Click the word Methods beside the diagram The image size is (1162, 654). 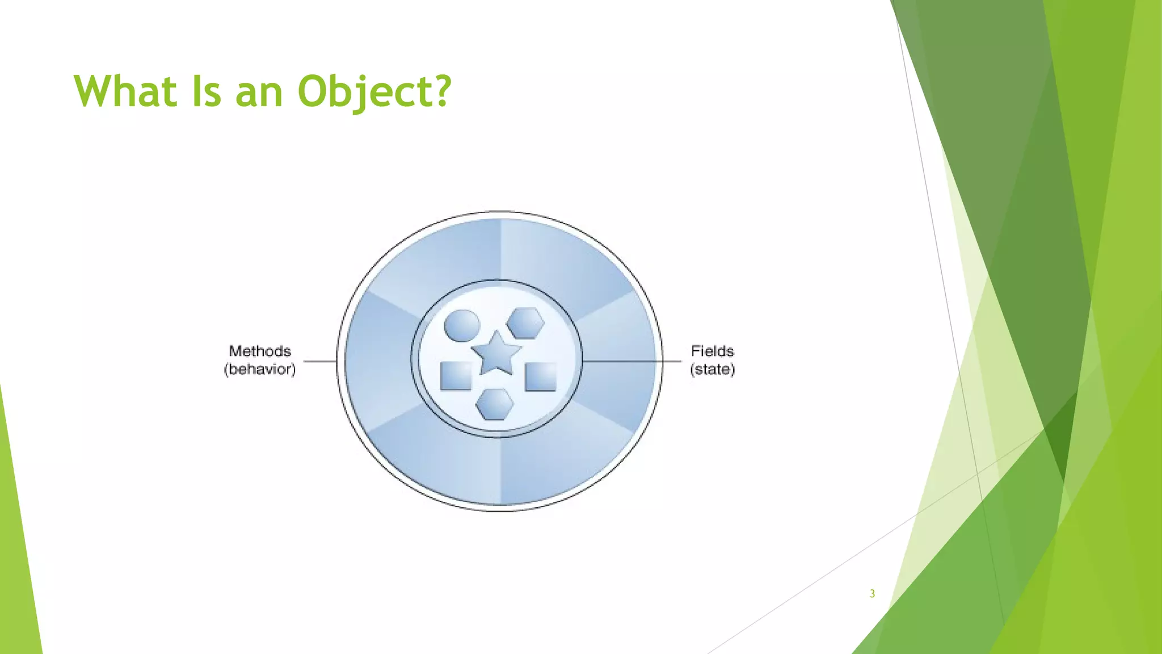pyautogui.click(x=260, y=351)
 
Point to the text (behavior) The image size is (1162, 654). pyautogui.click(x=260, y=370)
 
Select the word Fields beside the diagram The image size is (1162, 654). pyautogui.click(x=712, y=351)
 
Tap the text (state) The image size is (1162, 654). pyautogui.click(x=712, y=370)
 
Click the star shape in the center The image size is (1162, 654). pyautogui.click(x=496, y=355)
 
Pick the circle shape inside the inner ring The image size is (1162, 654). pyautogui.click(x=462, y=326)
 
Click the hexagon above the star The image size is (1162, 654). pyautogui.click(x=525, y=323)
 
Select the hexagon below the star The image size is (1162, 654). pyautogui.click(x=495, y=404)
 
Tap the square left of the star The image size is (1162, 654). pyautogui.click(x=456, y=376)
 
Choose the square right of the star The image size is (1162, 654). pyautogui.click(x=540, y=377)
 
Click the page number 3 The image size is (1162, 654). pyautogui.click(x=872, y=594)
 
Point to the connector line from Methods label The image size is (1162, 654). pyautogui.click(x=320, y=360)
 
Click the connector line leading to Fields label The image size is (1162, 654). pyautogui.click(x=630, y=360)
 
